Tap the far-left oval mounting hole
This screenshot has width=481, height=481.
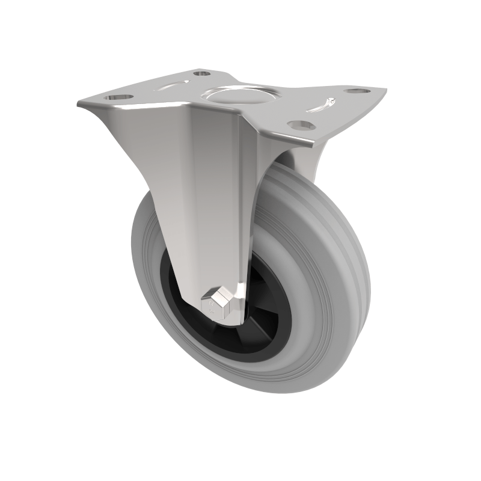click(x=118, y=96)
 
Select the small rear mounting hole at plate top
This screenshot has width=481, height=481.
click(x=202, y=73)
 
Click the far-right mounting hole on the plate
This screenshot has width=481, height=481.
click(x=357, y=91)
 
